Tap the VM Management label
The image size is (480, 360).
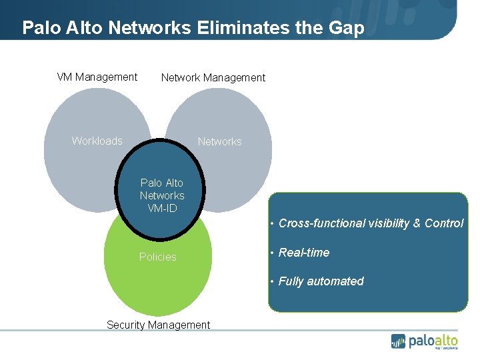tap(97, 77)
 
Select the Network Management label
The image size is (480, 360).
tap(213, 77)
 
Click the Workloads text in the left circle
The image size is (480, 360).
tap(97, 141)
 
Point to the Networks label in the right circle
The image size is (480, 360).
tap(220, 141)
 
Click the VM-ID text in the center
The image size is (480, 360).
tap(162, 208)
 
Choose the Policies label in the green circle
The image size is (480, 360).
tap(158, 257)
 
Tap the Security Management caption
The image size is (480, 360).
tap(158, 325)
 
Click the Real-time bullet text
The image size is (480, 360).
tap(304, 253)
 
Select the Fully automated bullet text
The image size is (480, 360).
tap(321, 281)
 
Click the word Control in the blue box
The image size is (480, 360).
tap(444, 223)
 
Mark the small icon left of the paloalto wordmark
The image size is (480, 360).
tap(399, 341)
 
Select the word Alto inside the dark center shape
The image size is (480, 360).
tap(173, 183)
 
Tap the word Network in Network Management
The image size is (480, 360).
tap(181, 77)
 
